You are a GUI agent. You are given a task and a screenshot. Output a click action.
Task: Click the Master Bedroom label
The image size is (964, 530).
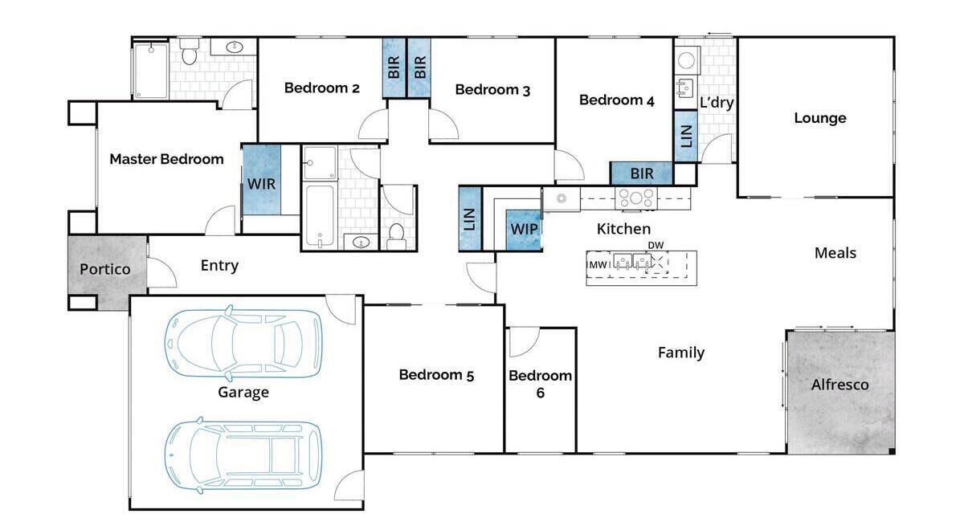point(166,159)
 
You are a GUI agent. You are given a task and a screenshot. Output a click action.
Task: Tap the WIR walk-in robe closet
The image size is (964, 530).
point(262,180)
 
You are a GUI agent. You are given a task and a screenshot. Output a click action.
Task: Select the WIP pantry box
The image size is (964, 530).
point(523,230)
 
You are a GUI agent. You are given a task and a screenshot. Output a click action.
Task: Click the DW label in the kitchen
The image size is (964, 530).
point(656,245)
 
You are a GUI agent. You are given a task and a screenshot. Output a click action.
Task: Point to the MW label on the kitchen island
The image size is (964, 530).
point(598,264)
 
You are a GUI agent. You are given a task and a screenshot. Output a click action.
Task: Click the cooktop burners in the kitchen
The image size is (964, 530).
point(636,198)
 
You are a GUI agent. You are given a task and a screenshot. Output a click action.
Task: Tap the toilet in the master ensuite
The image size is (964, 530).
point(190,51)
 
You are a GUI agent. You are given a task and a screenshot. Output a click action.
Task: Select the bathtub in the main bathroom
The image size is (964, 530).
point(320,216)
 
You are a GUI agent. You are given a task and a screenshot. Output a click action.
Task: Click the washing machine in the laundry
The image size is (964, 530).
point(686,61)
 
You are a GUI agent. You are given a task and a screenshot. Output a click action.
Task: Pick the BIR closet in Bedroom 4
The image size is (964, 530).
point(641,173)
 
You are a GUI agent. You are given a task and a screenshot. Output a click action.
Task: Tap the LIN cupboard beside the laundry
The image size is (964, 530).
point(686,136)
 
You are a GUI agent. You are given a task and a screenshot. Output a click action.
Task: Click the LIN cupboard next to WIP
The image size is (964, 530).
point(470,218)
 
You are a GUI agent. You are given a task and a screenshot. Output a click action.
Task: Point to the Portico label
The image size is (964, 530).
point(105,269)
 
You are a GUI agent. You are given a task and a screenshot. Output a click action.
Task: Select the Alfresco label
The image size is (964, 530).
point(839,385)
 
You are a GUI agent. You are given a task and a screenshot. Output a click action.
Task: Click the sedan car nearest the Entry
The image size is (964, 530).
point(243,344)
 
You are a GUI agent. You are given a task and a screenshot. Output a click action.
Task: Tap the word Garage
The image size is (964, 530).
point(243,393)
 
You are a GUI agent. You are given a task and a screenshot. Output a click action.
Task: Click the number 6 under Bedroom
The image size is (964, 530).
point(541,393)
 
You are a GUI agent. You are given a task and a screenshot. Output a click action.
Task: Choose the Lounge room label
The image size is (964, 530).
point(820,118)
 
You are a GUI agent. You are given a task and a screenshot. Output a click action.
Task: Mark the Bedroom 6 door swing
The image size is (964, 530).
point(524,342)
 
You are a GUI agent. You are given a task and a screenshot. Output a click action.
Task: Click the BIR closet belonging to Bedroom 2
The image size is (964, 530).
point(394,67)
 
